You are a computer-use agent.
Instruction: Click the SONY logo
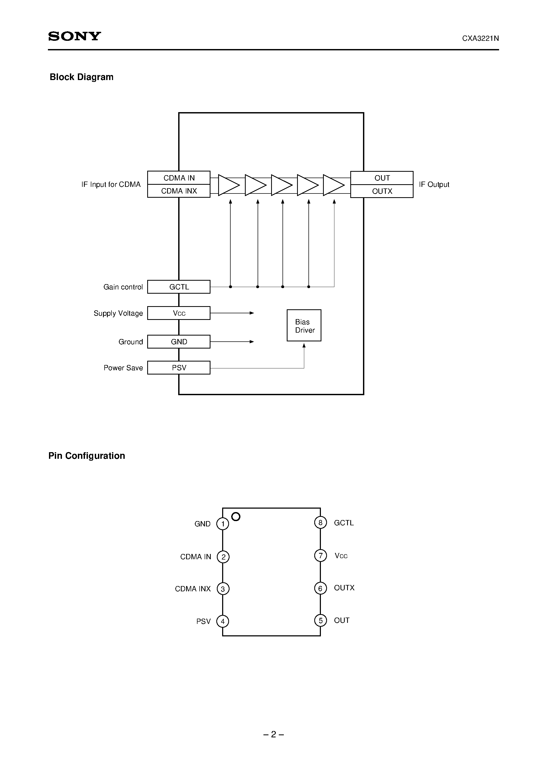tap(74, 36)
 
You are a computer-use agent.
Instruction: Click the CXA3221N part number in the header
tap(480, 38)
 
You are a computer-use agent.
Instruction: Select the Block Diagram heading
tap(81, 77)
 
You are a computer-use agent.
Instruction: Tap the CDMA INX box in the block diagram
tap(179, 191)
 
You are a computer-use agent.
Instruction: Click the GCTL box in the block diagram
tap(179, 287)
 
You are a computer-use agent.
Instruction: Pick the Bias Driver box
tap(304, 325)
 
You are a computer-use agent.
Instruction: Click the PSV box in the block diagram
tap(179, 368)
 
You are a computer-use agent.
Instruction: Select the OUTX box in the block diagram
tap(382, 191)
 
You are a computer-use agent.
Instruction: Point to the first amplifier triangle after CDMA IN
tap(228, 185)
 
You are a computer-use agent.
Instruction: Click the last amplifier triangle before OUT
tap(333, 185)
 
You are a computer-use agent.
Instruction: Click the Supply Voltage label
tap(118, 313)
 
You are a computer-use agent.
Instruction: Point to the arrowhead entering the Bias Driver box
tap(304, 346)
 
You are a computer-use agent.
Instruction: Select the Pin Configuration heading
tap(87, 456)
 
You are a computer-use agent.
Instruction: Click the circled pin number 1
tap(223, 524)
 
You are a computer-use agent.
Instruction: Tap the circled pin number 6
tap(320, 589)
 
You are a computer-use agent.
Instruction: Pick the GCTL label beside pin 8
tap(344, 523)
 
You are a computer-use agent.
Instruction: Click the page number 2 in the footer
tap(273, 734)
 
